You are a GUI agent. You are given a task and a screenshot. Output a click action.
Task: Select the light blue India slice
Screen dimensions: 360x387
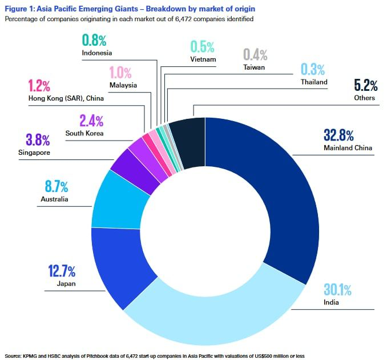(x=228, y=320)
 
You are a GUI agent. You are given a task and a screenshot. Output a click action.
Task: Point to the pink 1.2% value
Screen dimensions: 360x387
(x=39, y=86)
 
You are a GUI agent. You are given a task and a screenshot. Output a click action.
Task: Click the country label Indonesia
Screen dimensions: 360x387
(x=96, y=53)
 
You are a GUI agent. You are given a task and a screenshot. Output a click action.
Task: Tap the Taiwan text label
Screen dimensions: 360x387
(x=253, y=67)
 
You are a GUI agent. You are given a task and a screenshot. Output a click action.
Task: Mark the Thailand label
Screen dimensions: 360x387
(x=314, y=82)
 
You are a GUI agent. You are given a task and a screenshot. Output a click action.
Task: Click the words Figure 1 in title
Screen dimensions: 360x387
(x=21, y=9)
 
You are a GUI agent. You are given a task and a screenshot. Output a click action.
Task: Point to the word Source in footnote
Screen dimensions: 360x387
(x=14, y=355)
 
